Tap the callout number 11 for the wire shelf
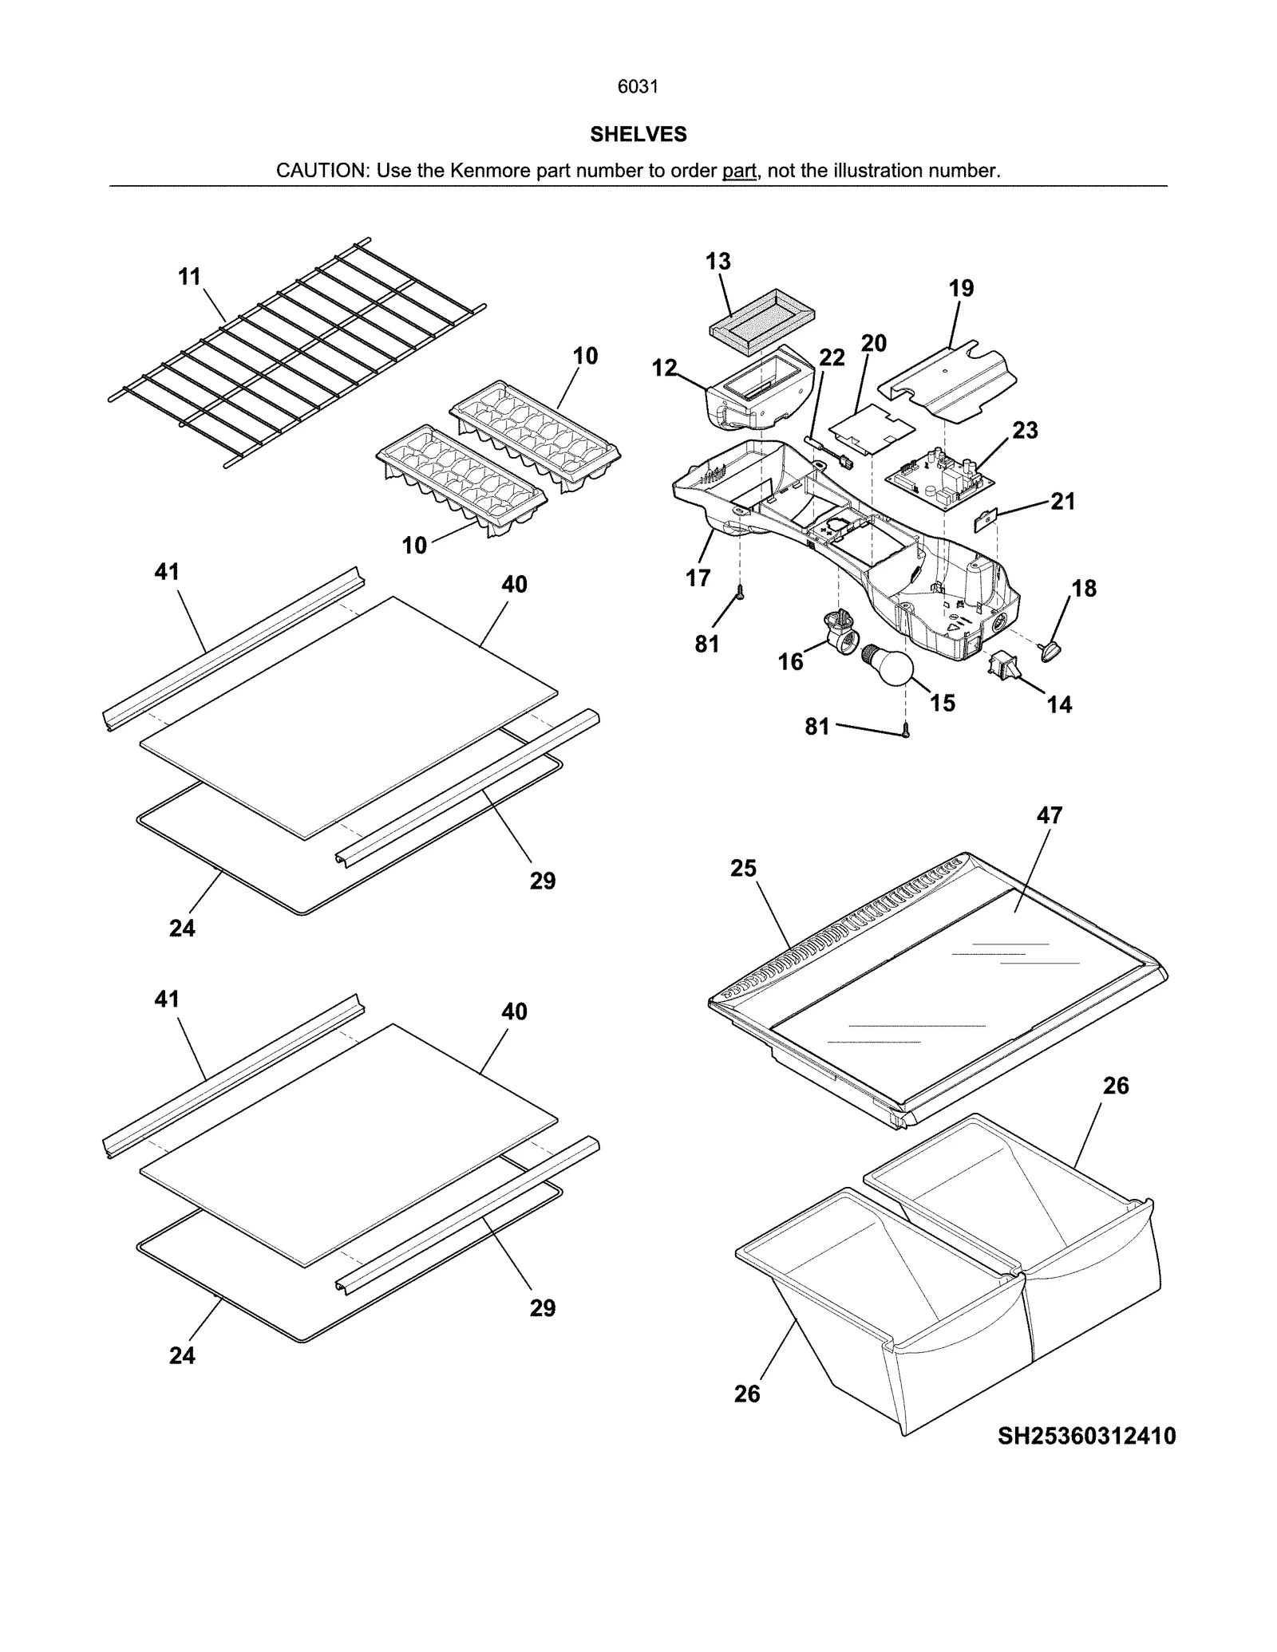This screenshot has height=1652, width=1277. click(x=189, y=277)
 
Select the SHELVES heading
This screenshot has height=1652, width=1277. click(x=638, y=135)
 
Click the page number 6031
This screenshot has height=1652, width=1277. click(x=638, y=87)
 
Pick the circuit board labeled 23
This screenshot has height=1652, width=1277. click(x=939, y=479)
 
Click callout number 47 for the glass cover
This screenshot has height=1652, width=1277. click(x=1050, y=815)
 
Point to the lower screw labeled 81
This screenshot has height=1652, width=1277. click(x=905, y=729)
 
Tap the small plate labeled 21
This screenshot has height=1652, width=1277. click(x=986, y=521)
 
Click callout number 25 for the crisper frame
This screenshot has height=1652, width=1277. click(x=743, y=868)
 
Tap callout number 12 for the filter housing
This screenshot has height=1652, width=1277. click(x=664, y=368)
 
